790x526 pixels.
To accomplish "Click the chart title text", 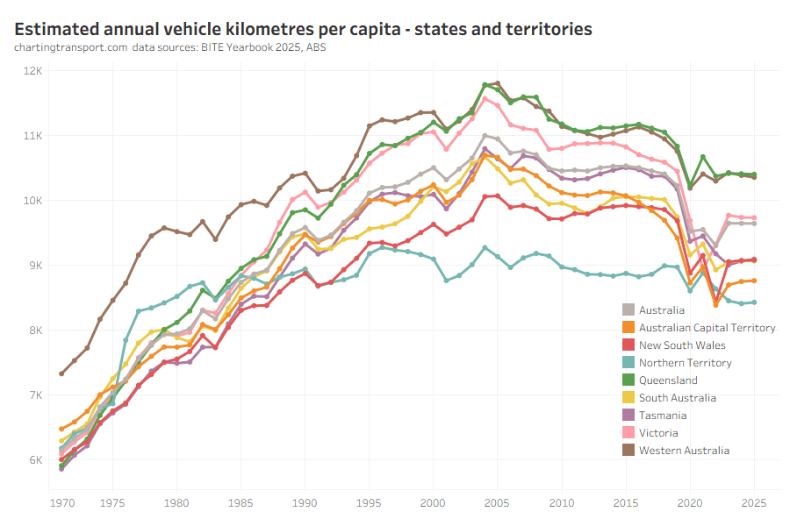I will tap(304, 29).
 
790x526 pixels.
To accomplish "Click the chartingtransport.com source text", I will tap(70, 47).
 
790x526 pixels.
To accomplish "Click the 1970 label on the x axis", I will tap(61, 503).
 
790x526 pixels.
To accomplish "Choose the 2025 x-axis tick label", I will tap(753, 503).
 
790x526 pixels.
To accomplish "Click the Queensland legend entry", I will tap(668, 380).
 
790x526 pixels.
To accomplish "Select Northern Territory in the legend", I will tap(685, 363).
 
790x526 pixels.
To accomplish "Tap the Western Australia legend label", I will tap(684, 451).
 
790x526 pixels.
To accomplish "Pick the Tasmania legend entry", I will tap(663, 416).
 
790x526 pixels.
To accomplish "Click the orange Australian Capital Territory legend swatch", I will tap(628, 328).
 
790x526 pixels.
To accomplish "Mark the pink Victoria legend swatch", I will tap(628, 433).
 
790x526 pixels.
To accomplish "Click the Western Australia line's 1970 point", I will tap(61, 373).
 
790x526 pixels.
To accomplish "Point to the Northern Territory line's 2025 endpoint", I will tap(754, 302).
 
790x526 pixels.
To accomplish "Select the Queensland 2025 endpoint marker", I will tap(754, 174).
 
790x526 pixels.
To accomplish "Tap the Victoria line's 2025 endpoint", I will tap(754, 218).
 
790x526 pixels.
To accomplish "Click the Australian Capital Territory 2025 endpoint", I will tap(754, 281).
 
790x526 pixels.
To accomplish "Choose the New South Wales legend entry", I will tap(682, 345).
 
